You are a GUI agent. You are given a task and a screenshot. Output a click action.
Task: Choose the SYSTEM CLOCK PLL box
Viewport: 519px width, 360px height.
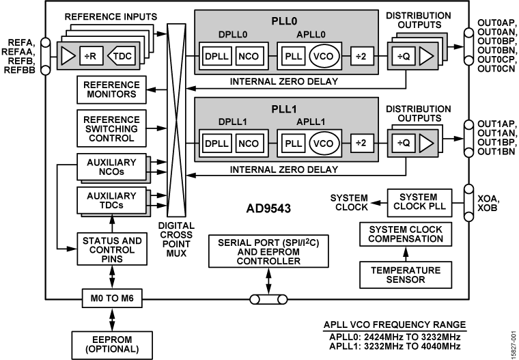(419, 201)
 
